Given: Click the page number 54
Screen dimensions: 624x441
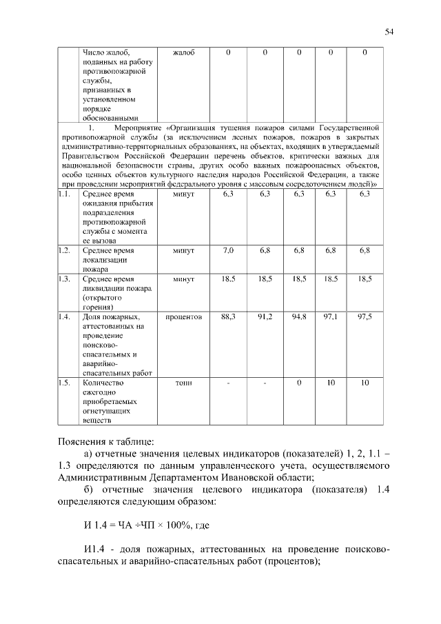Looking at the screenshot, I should click(x=389, y=32).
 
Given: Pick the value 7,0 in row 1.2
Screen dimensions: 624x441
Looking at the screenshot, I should click(x=228, y=250).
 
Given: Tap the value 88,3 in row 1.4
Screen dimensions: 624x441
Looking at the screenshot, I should click(x=228, y=316).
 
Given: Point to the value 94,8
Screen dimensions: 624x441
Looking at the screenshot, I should click(x=298, y=316).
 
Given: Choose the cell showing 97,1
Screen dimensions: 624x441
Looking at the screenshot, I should click(x=331, y=316).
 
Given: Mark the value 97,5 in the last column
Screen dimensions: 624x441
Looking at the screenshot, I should click(x=365, y=316).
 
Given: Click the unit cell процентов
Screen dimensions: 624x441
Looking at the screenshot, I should click(x=183, y=316).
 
